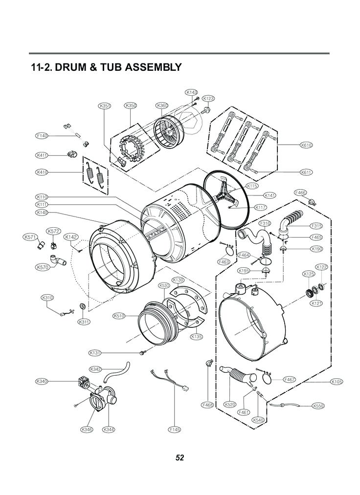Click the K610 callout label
coord(306,145)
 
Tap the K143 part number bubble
coord(191,92)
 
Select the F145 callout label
coord(174,430)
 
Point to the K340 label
coord(42,381)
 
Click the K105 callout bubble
coord(337,382)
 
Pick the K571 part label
coord(30,237)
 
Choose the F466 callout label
coord(300,193)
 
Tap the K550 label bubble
coord(318,406)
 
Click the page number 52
coord(180,458)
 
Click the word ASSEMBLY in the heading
coord(154,67)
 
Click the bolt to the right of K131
coord(142,352)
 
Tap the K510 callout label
coord(119,316)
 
